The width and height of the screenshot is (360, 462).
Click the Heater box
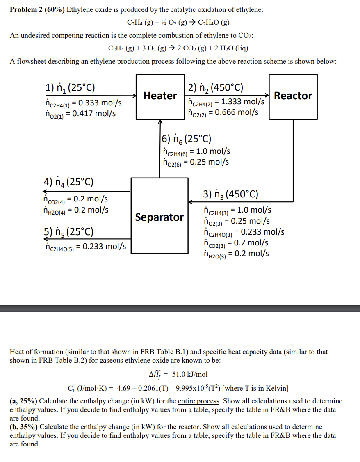(160, 96)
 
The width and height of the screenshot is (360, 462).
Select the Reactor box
(293, 96)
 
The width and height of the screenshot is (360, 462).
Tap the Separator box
(159, 217)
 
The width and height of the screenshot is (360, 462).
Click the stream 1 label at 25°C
(70, 87)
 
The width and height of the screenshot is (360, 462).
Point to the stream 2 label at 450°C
(216, 87)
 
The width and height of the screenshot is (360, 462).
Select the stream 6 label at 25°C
(187, 139)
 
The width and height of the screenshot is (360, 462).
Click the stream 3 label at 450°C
(231, 194)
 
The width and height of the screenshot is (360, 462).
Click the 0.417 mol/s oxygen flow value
(93, 114)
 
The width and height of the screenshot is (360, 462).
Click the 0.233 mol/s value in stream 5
(104, 247)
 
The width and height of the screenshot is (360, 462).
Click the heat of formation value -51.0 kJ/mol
(187, 374)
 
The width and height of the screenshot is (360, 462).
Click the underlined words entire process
(198, 401)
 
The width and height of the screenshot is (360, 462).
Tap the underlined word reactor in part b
(189, 427)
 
